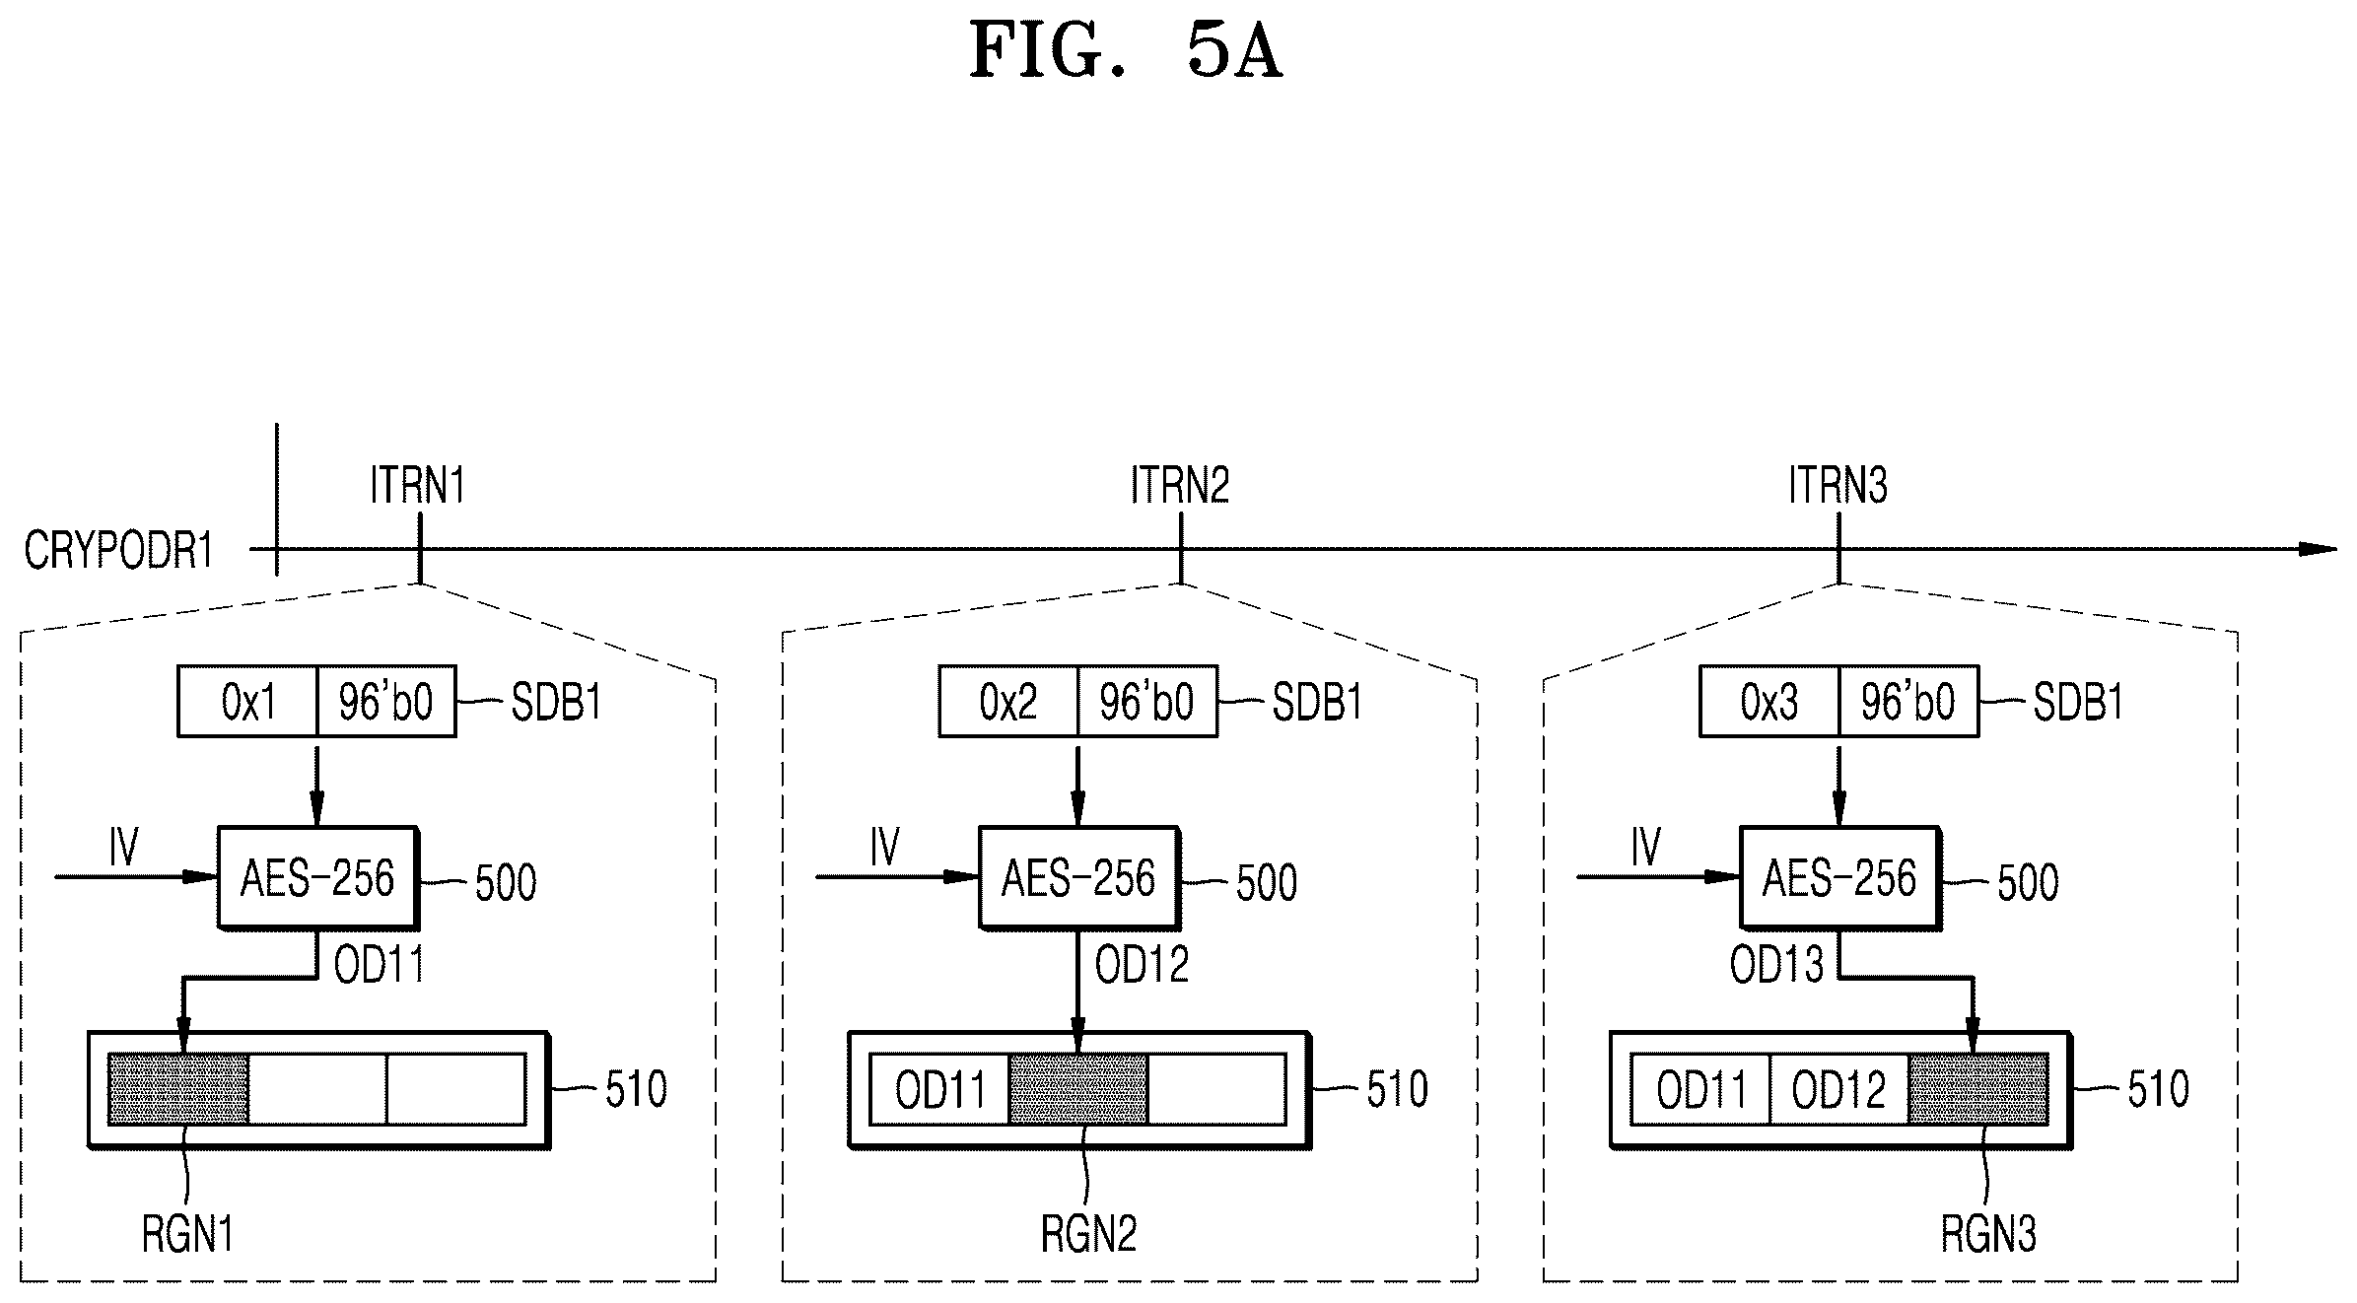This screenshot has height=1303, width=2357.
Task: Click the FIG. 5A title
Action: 1126,51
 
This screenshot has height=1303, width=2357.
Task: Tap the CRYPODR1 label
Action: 119,550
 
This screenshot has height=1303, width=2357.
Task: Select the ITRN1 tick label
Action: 417,485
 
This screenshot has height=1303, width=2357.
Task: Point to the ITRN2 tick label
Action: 1180,485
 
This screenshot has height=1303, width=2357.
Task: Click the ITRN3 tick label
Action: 1838,485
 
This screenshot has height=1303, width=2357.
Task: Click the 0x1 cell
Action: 247,702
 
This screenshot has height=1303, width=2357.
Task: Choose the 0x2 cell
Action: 1008,702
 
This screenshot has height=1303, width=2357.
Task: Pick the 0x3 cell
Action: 1769,702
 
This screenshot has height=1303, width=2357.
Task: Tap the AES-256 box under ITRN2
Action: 1078,877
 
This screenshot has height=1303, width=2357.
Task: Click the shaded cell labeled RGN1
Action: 177,1089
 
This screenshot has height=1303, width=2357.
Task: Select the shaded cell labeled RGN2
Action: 1078,1089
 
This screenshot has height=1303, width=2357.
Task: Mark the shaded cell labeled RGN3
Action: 1978,1089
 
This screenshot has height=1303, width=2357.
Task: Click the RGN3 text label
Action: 1988,1234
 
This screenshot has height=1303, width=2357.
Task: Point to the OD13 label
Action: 1776,964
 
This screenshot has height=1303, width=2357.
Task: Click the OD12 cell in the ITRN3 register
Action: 1839,1089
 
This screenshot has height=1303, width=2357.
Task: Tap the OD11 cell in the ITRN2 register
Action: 939,1089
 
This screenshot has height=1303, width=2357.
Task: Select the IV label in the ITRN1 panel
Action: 124,847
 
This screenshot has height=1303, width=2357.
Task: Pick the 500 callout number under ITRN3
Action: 2028,883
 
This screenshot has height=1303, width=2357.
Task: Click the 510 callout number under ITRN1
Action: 636,1089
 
